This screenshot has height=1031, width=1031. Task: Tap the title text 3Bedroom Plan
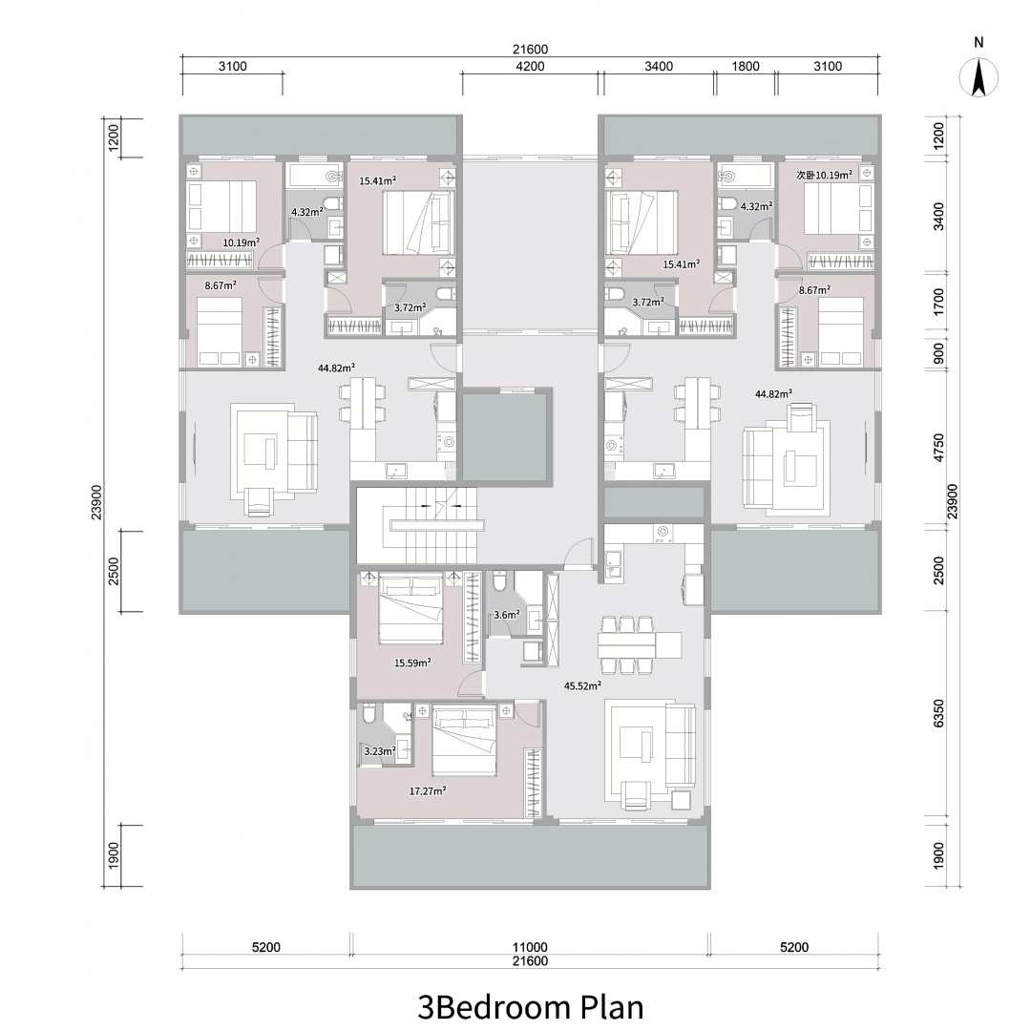[530, 1006]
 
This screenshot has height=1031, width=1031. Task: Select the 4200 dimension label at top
[530, 66]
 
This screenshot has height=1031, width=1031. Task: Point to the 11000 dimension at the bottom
[530, 947]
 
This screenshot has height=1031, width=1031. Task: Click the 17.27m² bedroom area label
[428, 791]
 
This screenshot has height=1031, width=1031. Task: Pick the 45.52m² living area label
[582, 685]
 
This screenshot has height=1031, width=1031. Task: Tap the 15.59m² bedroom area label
[412, 663]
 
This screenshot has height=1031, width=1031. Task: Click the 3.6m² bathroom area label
[507, 615]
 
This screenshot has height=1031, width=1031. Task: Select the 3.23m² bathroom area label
[380, 751]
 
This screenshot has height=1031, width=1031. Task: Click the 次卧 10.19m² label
[824, 175]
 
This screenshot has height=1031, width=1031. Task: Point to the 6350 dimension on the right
[938, 713]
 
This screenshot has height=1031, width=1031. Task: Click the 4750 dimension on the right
[938, 447]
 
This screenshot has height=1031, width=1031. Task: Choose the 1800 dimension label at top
[745, 66]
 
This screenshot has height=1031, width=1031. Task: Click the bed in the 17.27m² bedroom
[464, 740]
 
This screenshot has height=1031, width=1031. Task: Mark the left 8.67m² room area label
[221, 285]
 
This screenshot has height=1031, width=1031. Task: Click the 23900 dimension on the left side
[96, 502]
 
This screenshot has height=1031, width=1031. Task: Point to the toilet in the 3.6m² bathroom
[499, 582]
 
